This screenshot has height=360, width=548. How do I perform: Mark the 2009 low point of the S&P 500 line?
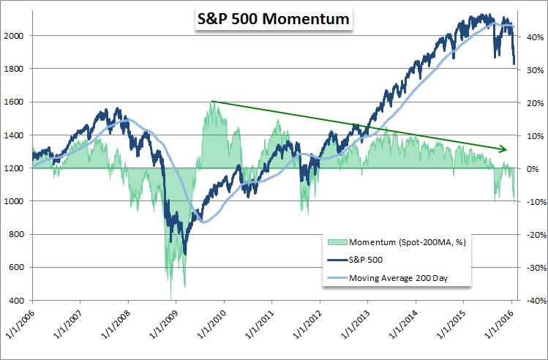[x=184, y=253]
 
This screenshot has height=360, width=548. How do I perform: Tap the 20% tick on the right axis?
[x=531, y=102]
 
